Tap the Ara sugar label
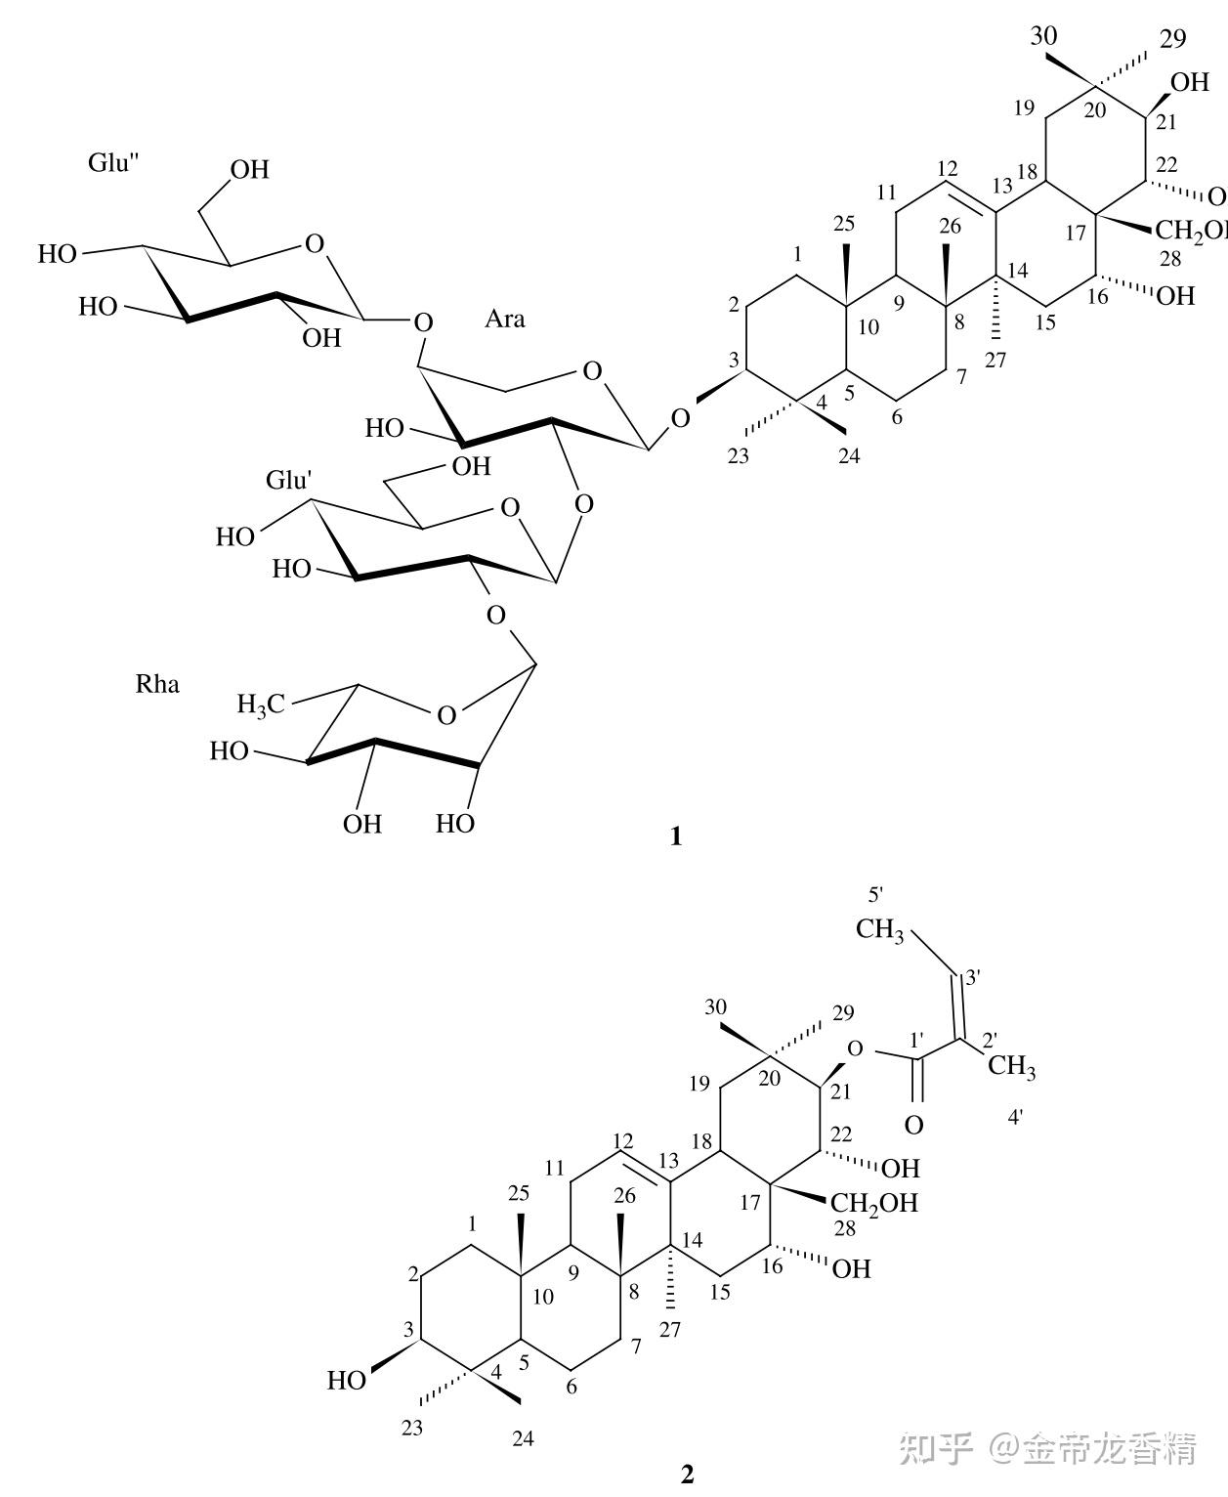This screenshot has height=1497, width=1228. click(505, 319)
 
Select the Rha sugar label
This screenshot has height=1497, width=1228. click(157, 684)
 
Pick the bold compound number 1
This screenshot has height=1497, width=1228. click(675, 836)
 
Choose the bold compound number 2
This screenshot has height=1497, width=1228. click(687, 1474)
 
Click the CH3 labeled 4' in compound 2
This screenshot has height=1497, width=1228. click(1011, 1067)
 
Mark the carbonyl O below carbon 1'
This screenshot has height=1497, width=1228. click(913, 1125)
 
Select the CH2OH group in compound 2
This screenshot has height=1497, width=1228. click(874, 1202)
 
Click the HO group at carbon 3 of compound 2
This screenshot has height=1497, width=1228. click(347, 1380)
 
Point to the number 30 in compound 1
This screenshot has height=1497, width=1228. click(1044, 36)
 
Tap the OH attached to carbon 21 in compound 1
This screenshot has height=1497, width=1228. click(1189, 82)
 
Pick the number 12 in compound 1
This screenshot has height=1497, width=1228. click(946, 166)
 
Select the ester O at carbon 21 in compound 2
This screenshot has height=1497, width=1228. click(856, 1049)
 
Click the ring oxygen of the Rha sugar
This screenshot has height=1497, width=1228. click(446, 715)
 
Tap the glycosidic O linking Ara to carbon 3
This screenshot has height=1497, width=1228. click(681, 419)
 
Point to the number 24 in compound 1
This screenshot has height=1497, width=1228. click(850, 455)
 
